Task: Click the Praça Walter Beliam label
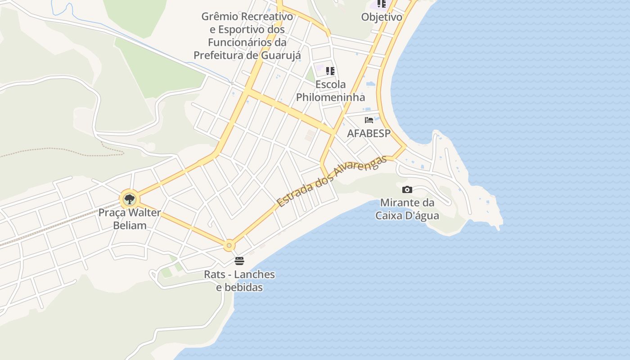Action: [130, 219]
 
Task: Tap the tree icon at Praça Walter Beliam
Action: [130, 198]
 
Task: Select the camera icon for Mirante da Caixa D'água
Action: [407, 189]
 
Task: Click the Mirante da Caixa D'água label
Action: [407, 209]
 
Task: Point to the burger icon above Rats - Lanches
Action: [239, 261]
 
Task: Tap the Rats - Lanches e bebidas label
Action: [239, 280]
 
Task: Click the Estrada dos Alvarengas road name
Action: [332, 181]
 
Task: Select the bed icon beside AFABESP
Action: [369, 120]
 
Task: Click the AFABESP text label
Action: [369, 133]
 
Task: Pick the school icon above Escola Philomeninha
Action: [331, 71]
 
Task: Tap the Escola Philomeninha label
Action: [330, 90]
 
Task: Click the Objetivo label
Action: [382, 17]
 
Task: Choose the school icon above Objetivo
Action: [382, 4]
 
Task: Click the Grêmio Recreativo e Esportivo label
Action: [247, 36]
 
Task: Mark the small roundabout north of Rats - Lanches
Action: [229, 246]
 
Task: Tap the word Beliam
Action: [130, 225]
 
